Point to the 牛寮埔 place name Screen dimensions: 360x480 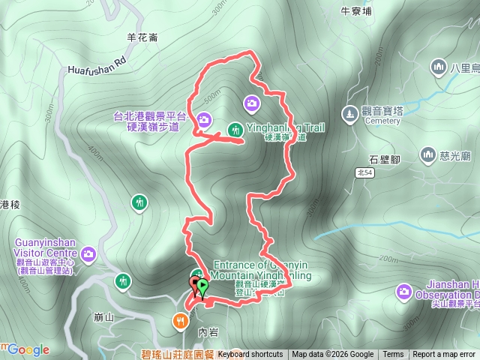[356, 11]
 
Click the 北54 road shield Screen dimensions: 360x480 [364, 172]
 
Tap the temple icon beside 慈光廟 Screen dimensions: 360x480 [428, 155]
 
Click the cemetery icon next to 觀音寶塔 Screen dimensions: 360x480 [349, 114]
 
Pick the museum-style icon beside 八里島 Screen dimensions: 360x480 [439, 68]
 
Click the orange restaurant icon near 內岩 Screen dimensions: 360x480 [181, 322]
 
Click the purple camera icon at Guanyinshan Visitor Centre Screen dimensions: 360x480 [88, 255]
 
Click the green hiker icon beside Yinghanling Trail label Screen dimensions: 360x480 [235, 128]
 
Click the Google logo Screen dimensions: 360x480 [28, 349]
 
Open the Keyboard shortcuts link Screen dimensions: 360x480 [250, 355]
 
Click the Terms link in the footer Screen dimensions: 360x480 [393, 355]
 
